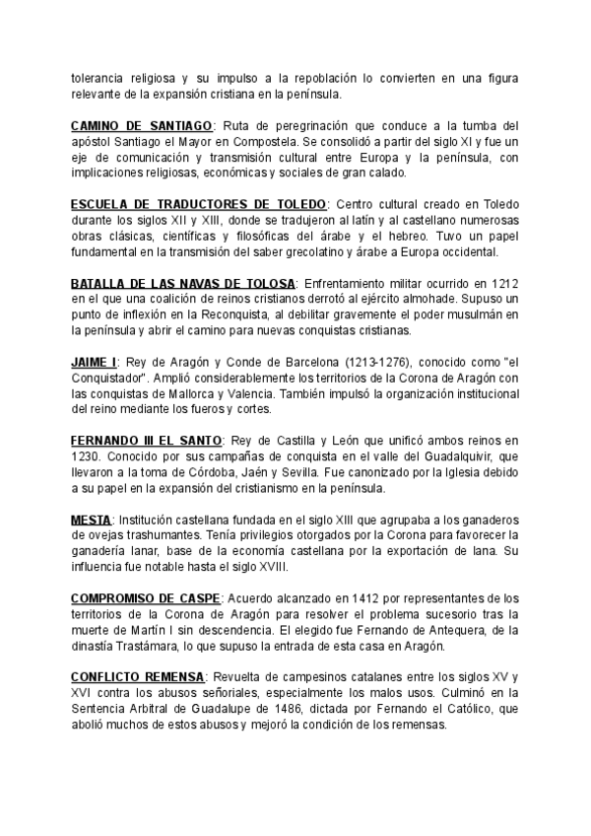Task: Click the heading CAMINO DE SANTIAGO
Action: click(141, 127)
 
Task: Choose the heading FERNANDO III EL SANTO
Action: click(148, 439)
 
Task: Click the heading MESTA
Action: click(91, 519)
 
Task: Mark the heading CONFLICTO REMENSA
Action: click(138, 676)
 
